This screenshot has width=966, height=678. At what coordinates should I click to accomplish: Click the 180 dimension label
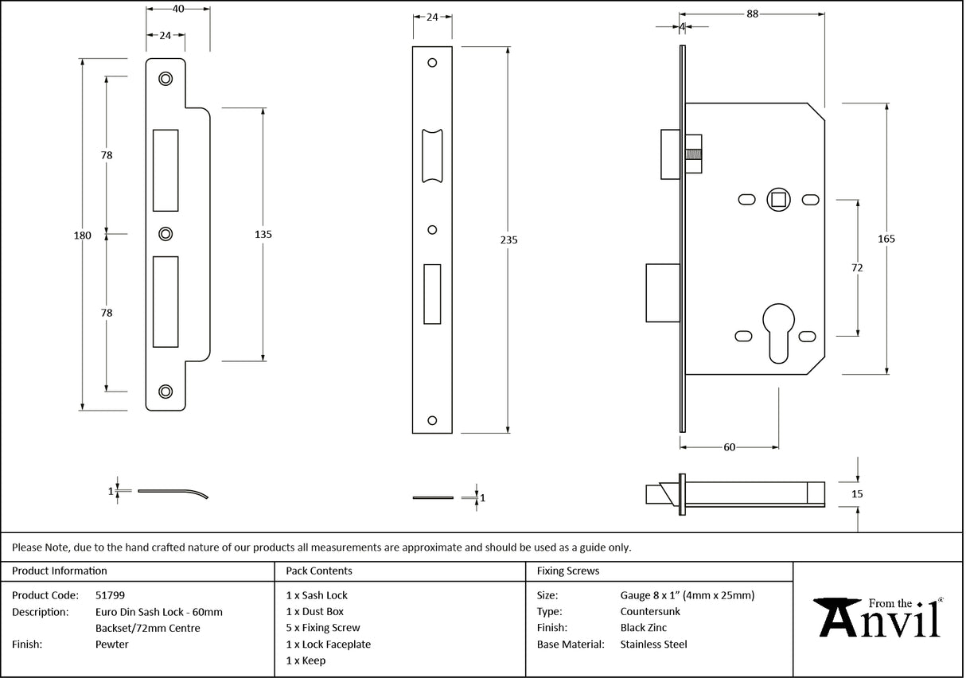tap(83, 235)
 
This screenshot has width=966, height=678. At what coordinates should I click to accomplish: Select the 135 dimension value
tap(263, 234)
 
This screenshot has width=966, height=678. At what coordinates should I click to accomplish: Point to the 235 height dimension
tap(508, 240)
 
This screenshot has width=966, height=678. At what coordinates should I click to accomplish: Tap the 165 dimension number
tap(887, 239)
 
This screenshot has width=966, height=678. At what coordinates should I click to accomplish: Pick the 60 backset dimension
tap(729, 447)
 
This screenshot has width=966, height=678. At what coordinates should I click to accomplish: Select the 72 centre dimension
tap(857, 268)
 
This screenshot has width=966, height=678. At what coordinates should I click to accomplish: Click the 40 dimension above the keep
tap(177, 8)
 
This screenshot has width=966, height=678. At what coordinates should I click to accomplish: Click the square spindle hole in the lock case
tap(777, 198)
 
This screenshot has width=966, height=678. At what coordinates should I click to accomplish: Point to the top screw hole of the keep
tap(165, 78)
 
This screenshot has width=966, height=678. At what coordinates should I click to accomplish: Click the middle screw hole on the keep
tap(165, 234)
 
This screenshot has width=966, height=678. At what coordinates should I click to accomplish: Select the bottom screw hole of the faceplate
tap(432, 419)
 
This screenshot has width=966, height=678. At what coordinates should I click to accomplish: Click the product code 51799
tap(109, 595)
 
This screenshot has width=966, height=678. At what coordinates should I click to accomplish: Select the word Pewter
tap(111, 645)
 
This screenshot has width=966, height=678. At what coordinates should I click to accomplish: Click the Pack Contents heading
tap(318, 571)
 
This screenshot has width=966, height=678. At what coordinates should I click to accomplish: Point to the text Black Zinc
tap(643, 628)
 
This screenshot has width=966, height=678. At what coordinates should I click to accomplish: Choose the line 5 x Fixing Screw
tap(322, 628)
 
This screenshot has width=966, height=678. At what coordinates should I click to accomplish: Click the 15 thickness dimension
tap(856, 494)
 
